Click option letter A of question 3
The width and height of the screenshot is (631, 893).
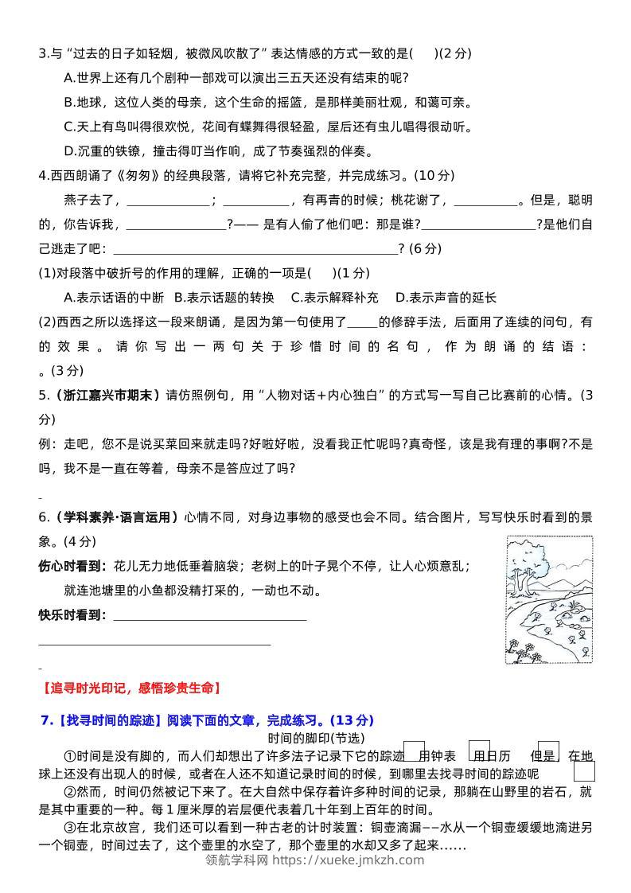click(68, 78)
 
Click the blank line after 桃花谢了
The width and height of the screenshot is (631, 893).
click(485, 200)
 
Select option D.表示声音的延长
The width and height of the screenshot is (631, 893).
click(446, 298)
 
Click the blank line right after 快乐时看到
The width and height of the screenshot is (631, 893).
click(210, 615)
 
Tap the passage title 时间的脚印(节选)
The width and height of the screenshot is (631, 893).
click(315, 738)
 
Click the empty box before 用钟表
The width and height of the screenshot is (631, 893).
click(414, 751)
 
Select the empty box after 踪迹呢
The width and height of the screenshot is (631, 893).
click(584, 771)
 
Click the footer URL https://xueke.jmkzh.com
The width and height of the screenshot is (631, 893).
click(349, 860)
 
